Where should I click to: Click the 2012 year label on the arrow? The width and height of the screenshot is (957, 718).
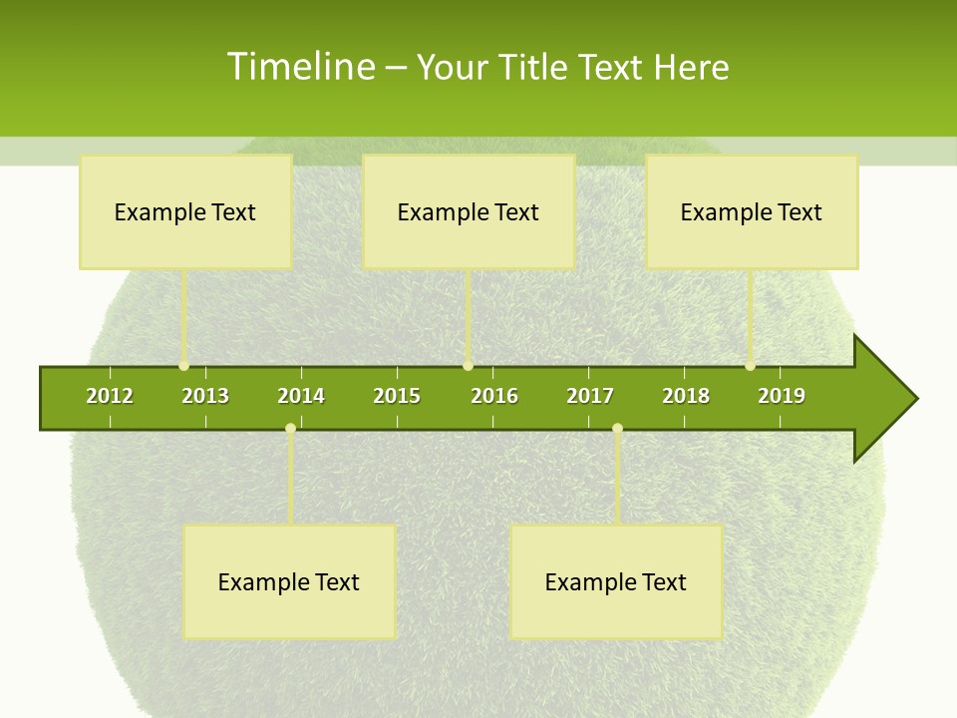110,396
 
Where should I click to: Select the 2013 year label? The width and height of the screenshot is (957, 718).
205,396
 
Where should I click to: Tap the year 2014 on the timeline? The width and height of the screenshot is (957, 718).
301,396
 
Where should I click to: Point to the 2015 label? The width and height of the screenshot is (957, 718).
397,396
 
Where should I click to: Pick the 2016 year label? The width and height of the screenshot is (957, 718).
494,396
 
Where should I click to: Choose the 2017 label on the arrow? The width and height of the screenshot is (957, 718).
590,396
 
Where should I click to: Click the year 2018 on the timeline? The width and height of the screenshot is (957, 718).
686,396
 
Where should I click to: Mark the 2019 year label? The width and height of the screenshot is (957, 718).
782,396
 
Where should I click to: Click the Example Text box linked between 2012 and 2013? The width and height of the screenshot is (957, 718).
185,211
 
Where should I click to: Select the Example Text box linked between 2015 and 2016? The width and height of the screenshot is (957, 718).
469,211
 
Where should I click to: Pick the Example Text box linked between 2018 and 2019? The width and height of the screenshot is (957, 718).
752,211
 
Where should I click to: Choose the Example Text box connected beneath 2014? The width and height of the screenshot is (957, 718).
289,581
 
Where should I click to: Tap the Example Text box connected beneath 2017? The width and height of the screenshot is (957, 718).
616,581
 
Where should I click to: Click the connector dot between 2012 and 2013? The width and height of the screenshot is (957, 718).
184,366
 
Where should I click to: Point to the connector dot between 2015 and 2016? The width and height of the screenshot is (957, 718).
468,366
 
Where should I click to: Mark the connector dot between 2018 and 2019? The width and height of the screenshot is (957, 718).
751,366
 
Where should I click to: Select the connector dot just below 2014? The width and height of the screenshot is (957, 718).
290,429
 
